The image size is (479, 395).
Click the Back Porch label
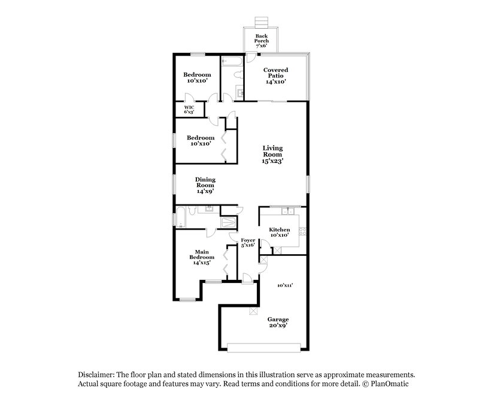pos(261,40)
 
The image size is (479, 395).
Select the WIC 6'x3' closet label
pos(189,109)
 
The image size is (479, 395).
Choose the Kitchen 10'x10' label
pos(279,232)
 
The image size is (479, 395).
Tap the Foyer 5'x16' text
pos(248,242)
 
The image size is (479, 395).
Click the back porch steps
pos(260,23)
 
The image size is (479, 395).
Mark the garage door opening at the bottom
pos(263,347)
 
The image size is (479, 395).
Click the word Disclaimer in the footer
pos(95,373)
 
